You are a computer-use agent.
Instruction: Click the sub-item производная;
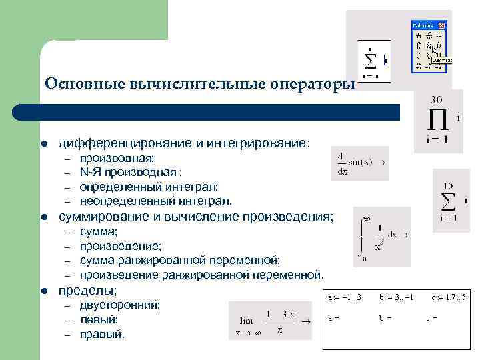click(117, 158)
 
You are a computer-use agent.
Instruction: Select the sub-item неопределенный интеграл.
click(156, 201)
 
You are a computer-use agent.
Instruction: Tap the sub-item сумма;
click(99, 231)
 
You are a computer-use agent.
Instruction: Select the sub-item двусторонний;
click(120, 305)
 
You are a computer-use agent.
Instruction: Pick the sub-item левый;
click(99, 319)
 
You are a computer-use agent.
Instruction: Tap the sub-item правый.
click(102, 334)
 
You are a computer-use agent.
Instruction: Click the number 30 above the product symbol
click(437, 99)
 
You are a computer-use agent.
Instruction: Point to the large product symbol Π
click(437, 120)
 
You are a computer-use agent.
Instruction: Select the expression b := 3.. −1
click(397, 297)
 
